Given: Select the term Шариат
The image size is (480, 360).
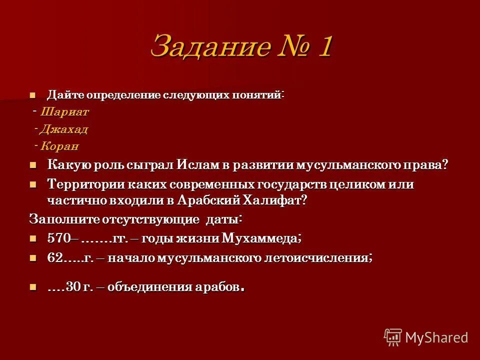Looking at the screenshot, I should [65, 112].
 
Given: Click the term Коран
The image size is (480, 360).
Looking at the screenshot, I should [60, 147].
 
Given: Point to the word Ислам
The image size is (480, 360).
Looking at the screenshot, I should [200, 165].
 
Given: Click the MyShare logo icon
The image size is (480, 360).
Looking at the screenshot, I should [393, 337].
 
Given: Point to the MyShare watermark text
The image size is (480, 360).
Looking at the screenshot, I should [436, 337].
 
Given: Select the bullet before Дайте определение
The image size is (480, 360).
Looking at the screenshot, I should [33, 94].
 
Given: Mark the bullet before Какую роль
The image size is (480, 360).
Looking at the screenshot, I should [33, 165].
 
